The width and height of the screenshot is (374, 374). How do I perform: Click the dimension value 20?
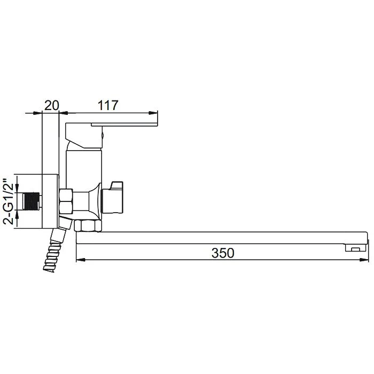click(51, 105)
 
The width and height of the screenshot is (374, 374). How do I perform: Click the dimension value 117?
click(108, 105)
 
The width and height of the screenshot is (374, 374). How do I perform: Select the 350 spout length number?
click(223, 253)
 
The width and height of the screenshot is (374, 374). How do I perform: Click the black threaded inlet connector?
click(31, 201)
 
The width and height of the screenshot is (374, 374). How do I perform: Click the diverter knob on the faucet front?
click(113, 197)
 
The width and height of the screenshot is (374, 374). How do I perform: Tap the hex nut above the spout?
click(88, 226)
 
